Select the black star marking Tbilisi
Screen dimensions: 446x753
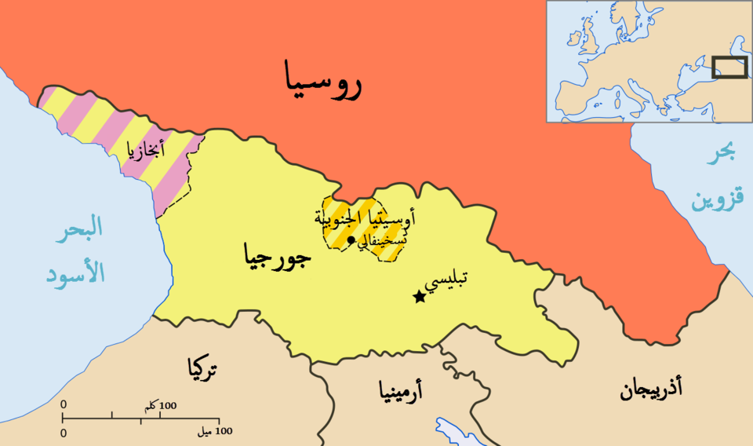coord(420,297)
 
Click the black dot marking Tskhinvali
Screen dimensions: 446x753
coord(351,240)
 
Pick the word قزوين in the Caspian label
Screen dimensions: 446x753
coord(715,200)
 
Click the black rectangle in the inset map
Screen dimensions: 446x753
coord(729,68)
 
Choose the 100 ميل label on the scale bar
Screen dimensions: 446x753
coord(213,432)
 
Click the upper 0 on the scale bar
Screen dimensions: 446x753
coord(64,404)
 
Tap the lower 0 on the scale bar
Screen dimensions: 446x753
coord(64,433)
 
